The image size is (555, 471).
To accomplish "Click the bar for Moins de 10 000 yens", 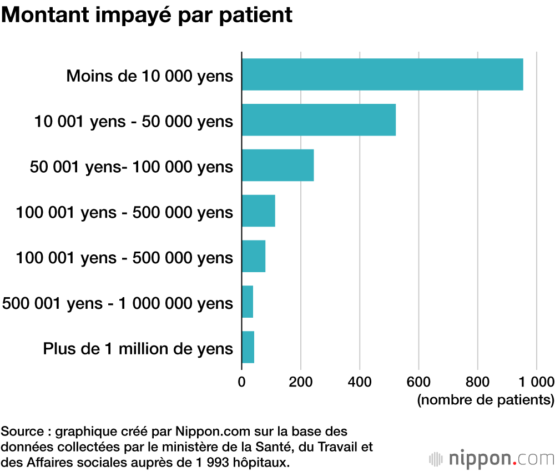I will tap(382, 74).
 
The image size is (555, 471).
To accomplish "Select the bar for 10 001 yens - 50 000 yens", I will tap(319, 120).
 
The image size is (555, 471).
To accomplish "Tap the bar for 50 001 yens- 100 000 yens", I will tap(277, 166).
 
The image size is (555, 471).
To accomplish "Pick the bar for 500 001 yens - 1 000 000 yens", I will tap(248, 302).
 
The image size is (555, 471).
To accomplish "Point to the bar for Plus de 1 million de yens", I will tap(248, 347).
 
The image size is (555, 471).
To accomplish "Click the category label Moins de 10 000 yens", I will tap(150, 76).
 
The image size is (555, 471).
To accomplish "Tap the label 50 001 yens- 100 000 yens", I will tap(132, 166).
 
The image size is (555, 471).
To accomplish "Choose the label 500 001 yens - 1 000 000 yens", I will tap(118, 303).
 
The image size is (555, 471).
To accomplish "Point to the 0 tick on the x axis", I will tap(241, 382).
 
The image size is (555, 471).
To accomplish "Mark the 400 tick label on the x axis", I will tap(360, 382).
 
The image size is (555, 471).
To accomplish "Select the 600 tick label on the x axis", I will tap(418, 382).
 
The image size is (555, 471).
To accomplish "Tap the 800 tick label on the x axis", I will tap(477, 382).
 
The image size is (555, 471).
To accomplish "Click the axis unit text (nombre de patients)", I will tap(486, 399).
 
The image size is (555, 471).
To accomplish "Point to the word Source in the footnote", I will tap(21, 431).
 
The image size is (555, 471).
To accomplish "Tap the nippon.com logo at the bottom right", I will tap(492, 459).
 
